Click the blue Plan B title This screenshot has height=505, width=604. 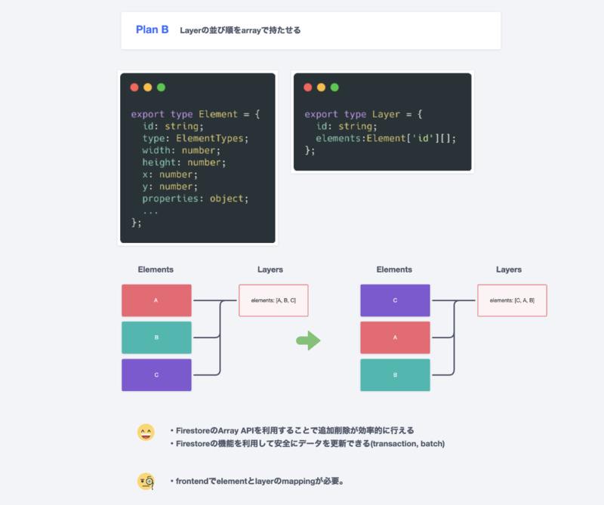click(152, 30)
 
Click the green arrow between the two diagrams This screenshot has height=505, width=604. click(308, 341)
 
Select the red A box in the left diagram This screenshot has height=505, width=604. click(156, 300)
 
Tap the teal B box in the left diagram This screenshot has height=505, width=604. click(156, 337)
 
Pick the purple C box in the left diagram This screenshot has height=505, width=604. click(156, 375)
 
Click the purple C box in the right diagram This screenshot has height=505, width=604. click(395, 300)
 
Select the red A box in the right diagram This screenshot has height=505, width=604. click(395, 337)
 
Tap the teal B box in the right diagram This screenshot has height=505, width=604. click(395, 375)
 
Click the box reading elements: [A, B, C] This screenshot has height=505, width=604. click(273, 300)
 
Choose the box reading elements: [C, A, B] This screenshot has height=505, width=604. click(512, 300)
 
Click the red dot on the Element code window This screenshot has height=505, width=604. click(134, 88)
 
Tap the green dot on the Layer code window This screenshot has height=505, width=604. click(334, 88)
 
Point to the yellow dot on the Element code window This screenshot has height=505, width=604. click(147, 88)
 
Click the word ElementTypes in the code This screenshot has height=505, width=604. click(211, 138)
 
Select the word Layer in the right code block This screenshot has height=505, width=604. click(386, 114)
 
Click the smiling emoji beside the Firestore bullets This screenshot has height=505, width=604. click(146, 433)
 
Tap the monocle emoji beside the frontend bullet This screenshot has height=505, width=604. click(146, 481)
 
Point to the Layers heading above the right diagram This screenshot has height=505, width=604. click(508, 269)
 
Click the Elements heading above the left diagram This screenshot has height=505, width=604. click(156, 269)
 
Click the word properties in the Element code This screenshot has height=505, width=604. click(171, 199)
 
